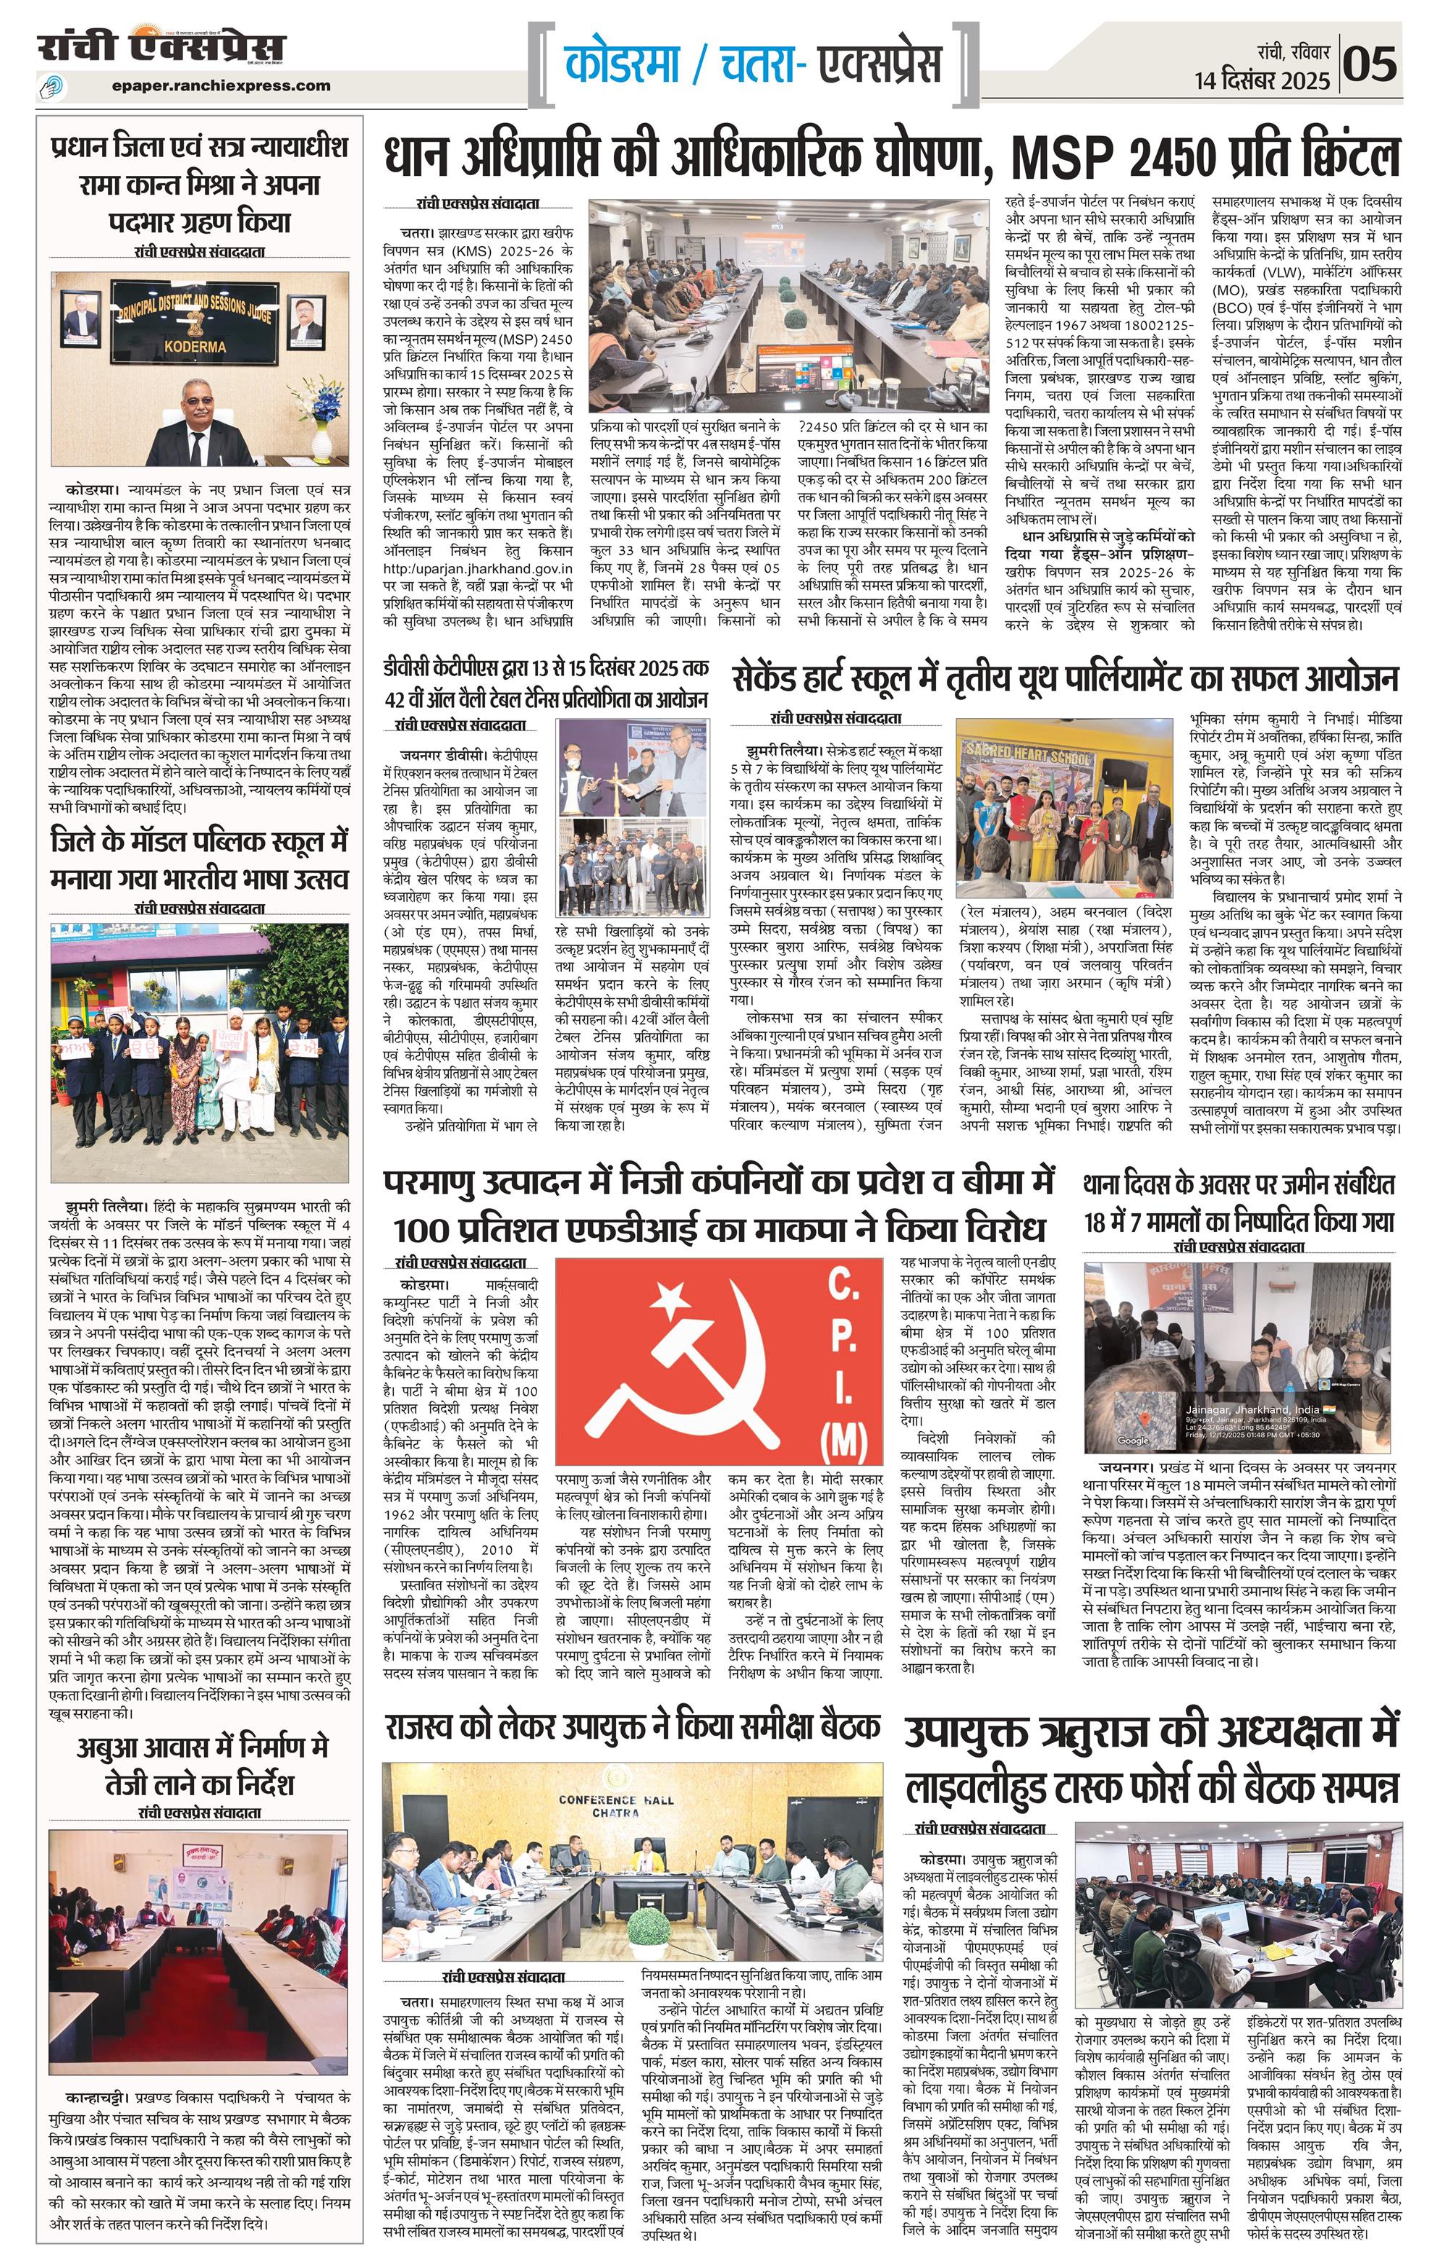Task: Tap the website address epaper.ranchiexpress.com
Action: tap(220, 85)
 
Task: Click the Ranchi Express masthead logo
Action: tap(161, 47)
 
